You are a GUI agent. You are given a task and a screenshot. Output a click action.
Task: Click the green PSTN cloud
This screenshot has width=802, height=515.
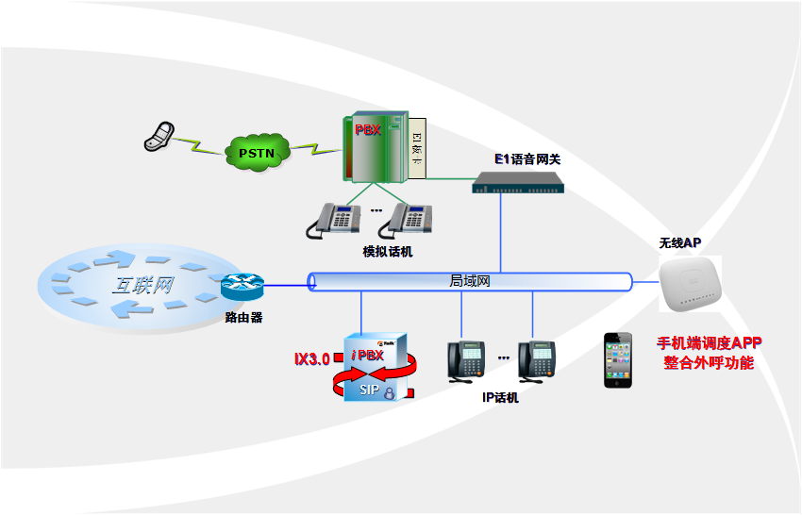click(x=257, y=151)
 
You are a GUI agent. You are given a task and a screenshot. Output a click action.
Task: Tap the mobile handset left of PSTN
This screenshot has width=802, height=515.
click(x=159, y=135)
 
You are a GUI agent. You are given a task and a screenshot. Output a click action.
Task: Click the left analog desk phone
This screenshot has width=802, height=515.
click(x=334, y=222)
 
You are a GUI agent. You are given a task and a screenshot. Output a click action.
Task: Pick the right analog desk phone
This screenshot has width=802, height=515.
click(x=407, y=222)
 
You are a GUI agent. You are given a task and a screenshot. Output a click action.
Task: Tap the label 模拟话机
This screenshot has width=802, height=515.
click(x=387, y=252)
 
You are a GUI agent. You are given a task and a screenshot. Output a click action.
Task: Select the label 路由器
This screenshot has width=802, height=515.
click(x=243, y=317)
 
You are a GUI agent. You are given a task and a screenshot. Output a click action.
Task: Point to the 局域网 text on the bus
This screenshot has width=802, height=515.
click(x=469, y=281)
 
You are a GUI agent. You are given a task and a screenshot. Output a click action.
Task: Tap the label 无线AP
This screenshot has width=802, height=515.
click(x=679, y=242)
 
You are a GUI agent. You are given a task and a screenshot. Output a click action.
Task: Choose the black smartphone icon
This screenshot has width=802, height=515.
click(x=617, y=358)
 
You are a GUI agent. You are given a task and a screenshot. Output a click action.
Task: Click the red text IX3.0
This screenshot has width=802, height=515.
click(x=311, y=359)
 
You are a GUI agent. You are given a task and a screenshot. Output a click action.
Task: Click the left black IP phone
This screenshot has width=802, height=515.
click(x=464, y=359)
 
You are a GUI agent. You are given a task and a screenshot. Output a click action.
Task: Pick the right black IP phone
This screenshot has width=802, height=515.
click(x=536, y=359)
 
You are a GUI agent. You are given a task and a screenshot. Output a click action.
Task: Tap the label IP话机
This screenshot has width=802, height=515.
click(x=500, y=397)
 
